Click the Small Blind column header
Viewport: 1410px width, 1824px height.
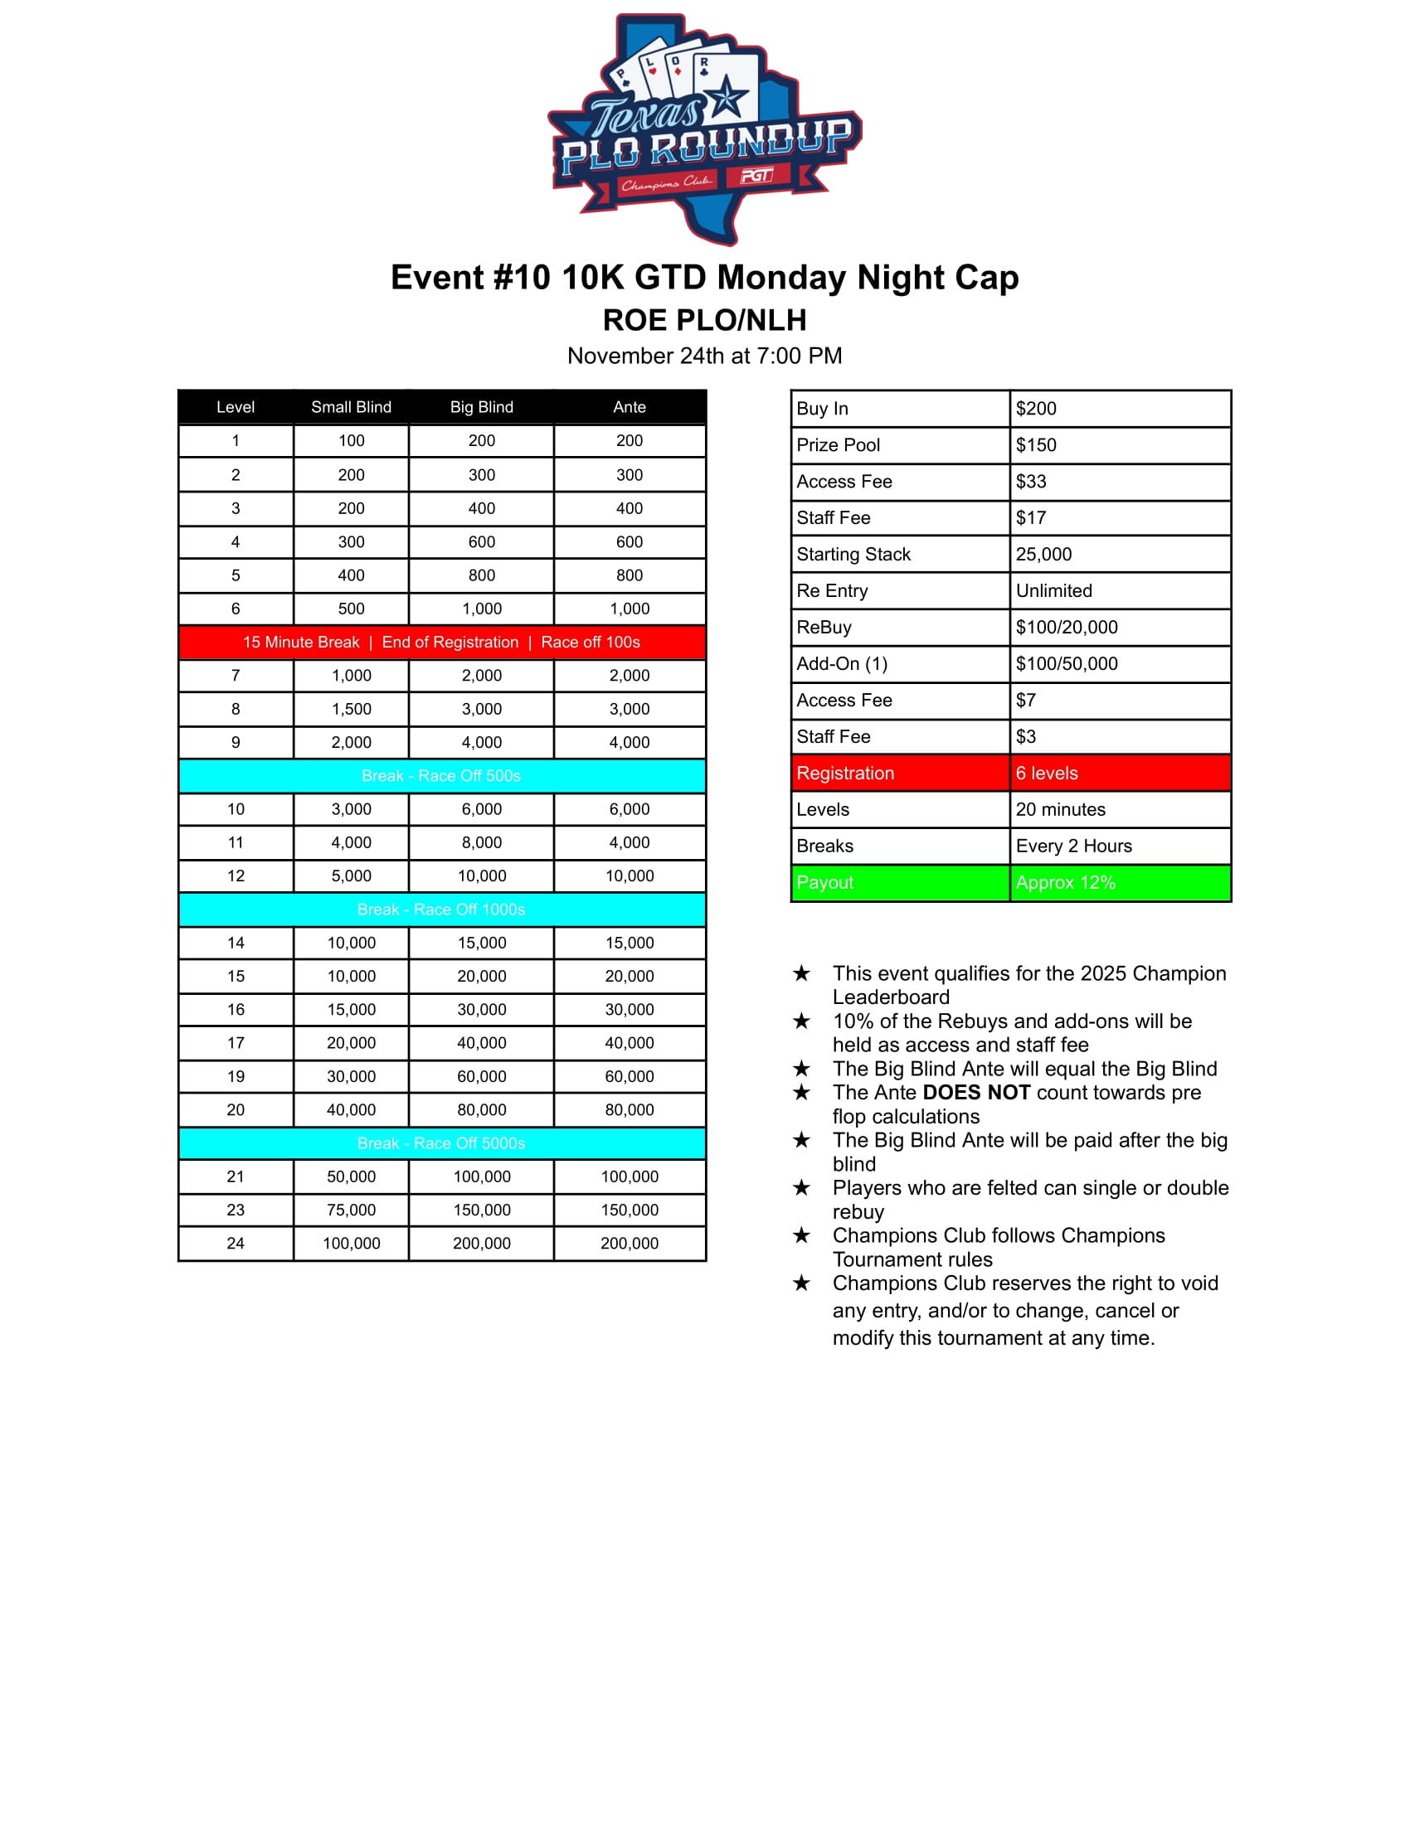click(351, 407)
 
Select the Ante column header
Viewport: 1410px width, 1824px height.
click(629, 407)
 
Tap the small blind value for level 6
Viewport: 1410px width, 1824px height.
click(351, 609)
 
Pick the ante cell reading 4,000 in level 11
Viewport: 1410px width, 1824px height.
click(629, 842)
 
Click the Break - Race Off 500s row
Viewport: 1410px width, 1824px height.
click(441, 776)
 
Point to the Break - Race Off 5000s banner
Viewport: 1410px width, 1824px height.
click(441, 1143)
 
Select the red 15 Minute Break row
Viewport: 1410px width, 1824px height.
click(441, 643)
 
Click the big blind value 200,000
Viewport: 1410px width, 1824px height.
click(481, 1244)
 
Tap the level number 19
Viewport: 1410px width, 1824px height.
click(236, 1076)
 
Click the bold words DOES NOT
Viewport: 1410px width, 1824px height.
click(975, 1093)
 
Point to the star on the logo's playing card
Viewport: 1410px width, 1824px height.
click(727, 98)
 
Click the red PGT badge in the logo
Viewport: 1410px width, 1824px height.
click(756, 176)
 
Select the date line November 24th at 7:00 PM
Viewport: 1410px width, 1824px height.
click(704, 356)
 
